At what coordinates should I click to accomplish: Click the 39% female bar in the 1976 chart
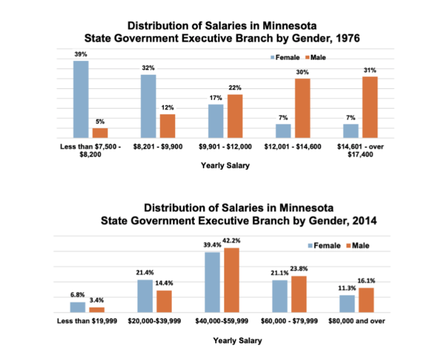[x=81, y=99]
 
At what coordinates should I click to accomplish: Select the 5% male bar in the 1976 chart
[x=100, y=133]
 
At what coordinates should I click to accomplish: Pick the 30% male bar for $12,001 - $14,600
[x=302, y=108]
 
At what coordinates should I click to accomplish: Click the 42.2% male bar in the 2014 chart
[x=231, y=280]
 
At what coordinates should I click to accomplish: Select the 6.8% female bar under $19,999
[x=78, y=308]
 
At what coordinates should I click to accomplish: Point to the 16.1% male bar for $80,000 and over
[x=366, y=300]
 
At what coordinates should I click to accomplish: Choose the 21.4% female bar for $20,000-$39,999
[x=145, y=297]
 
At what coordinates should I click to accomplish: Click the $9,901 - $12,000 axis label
[x=226, y=147]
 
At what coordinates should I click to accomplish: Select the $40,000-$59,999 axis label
[x=222, y=321]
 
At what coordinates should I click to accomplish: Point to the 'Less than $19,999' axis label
[x=86, y=321]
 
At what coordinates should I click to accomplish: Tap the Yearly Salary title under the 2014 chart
[x=237, y=340]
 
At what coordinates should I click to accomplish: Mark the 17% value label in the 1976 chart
[x=216, y=98]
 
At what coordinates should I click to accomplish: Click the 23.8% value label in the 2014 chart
[x=298, y=269]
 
